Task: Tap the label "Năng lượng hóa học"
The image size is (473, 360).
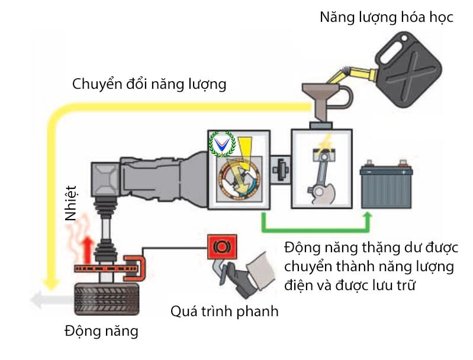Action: (x=387, y=17)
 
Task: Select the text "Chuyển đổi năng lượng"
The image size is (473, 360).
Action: (x=149, y=84)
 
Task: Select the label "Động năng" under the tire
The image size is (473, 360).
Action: (x=101, y=330)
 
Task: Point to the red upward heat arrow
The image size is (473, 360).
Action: (x=88, y=246)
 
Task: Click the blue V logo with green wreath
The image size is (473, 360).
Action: (x=223, y=143)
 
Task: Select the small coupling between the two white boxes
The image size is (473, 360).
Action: (x=280, y=170)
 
